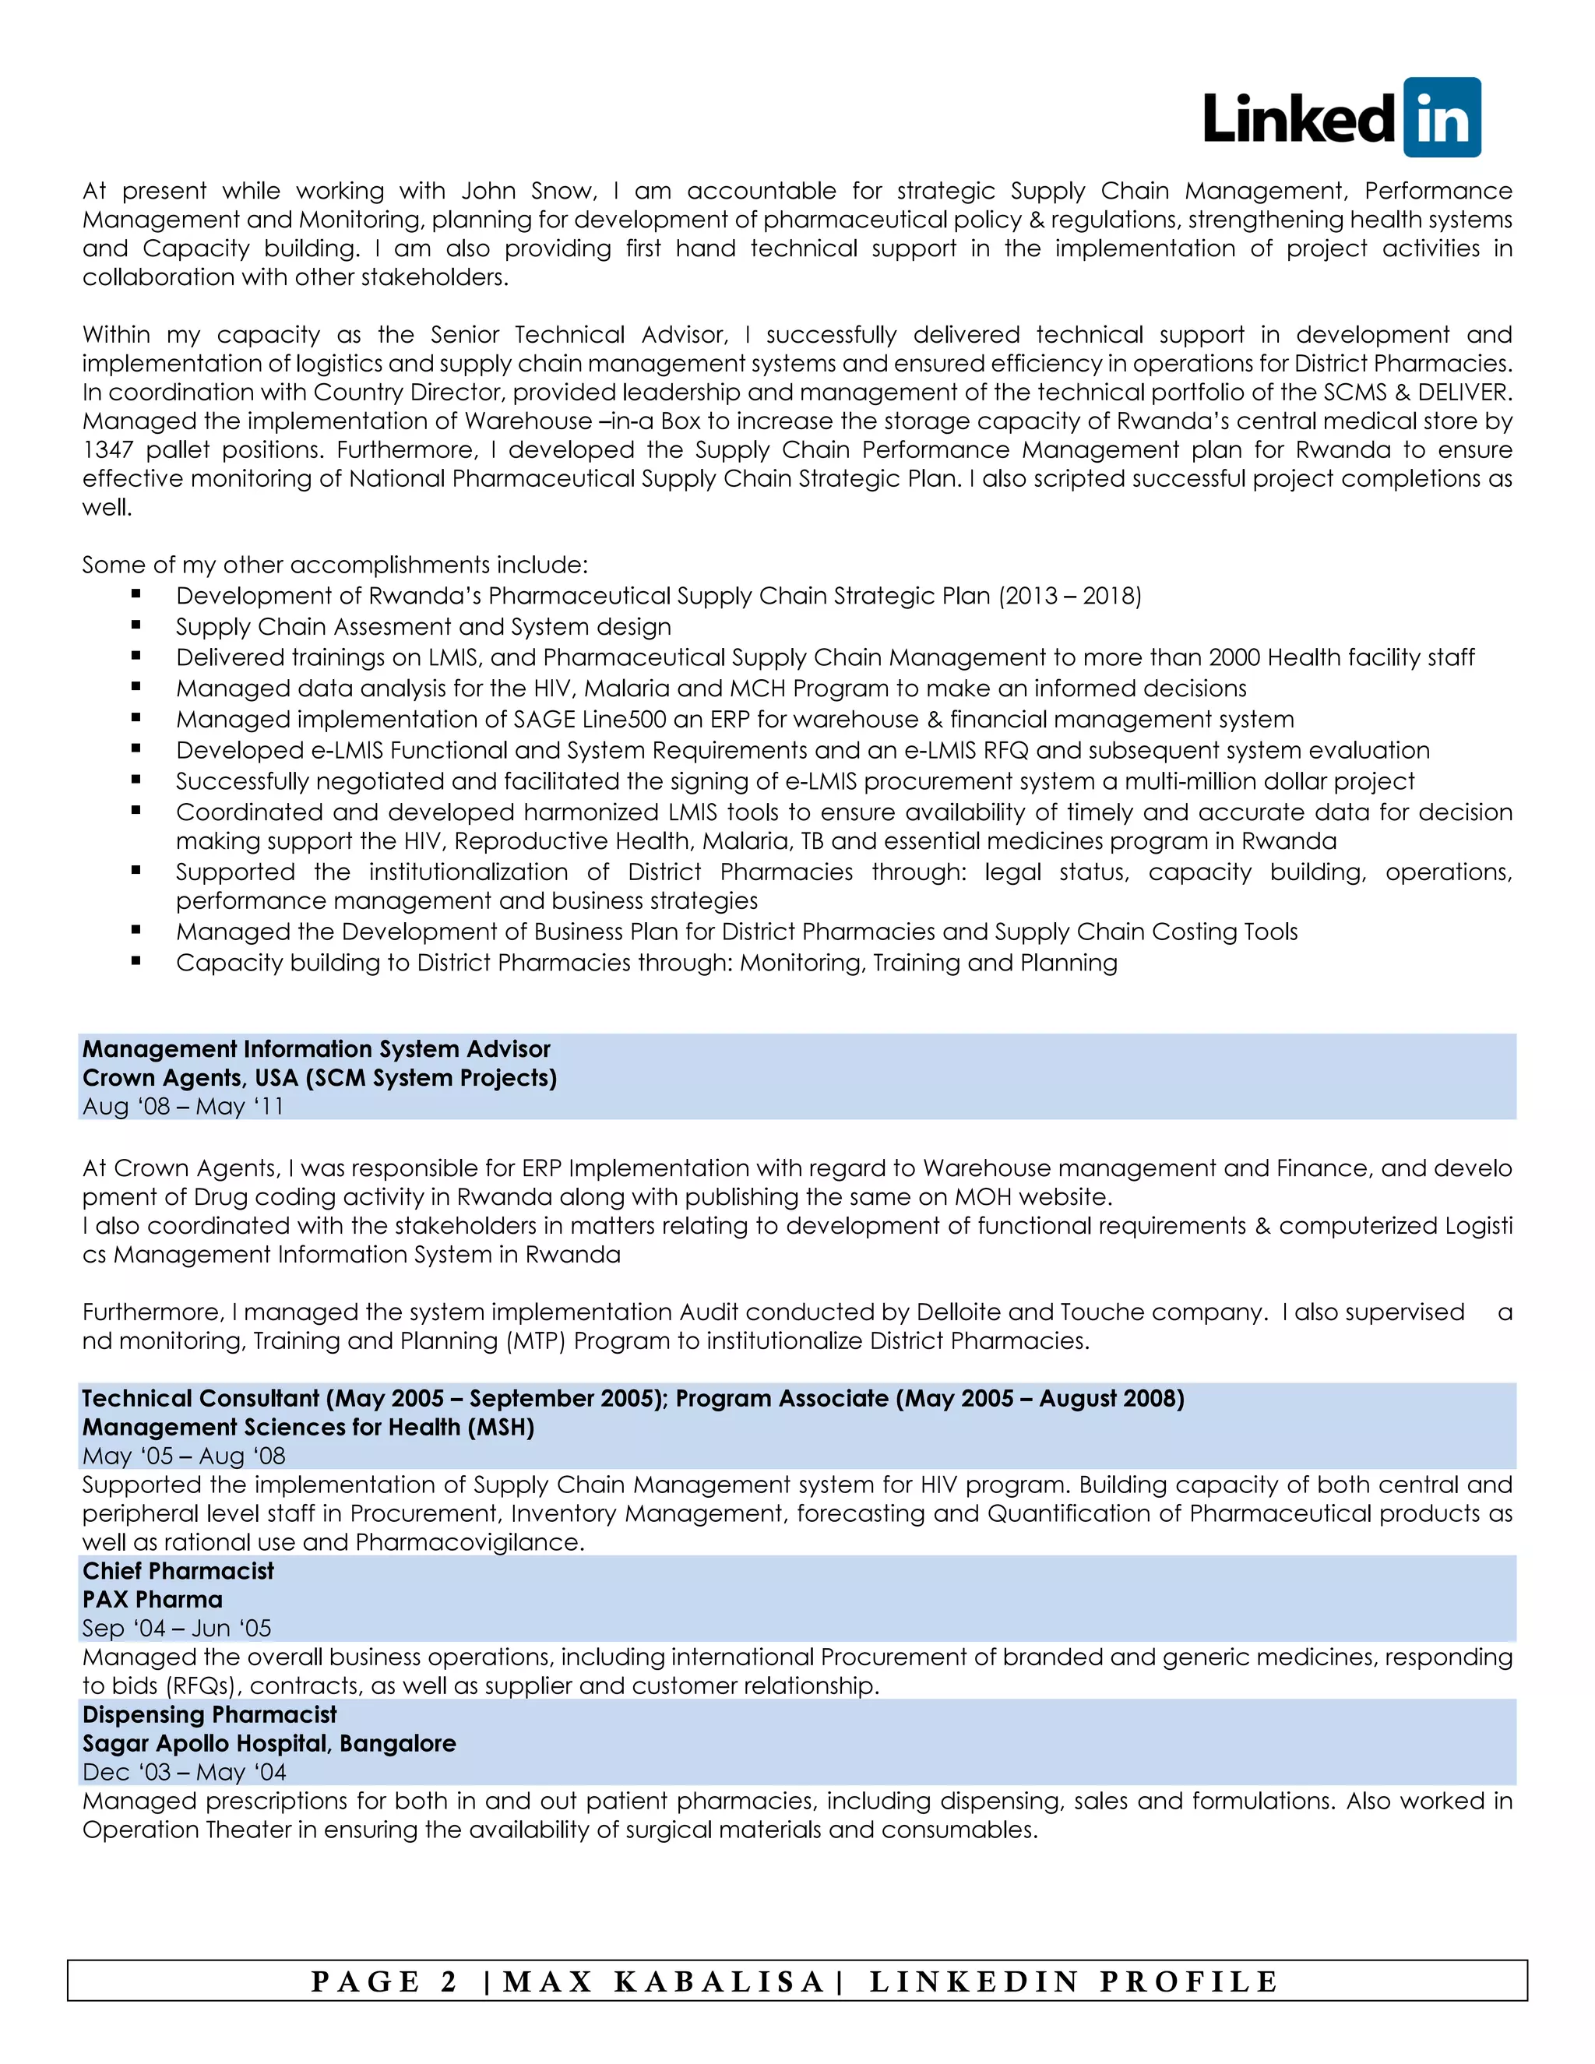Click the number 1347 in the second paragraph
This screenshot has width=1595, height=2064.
107,450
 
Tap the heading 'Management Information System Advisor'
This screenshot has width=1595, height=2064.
315,1049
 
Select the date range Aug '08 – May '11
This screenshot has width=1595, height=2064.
182,1107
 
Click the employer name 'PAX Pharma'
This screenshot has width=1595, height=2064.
152,1600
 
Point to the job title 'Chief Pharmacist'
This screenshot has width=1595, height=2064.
178,1571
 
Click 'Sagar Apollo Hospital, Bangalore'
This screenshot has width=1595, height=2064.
269,1744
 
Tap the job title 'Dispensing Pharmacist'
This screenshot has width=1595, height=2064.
209,1714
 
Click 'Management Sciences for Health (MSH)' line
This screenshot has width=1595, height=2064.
308,1427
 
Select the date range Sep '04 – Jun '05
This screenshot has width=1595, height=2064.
176,1629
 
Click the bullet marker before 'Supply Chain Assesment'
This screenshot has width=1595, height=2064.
136,625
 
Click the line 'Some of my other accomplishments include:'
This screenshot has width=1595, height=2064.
334,565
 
